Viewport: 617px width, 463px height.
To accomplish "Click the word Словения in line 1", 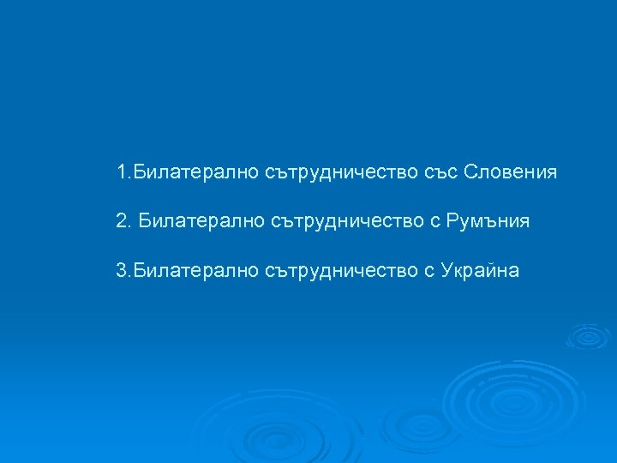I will coord(510,172).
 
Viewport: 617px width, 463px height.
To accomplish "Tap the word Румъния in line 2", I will coord(488,221).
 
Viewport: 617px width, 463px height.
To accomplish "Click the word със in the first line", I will coord(440,172).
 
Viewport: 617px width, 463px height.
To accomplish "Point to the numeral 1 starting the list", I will coord(122,172).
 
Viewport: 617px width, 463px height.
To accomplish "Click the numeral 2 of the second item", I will coord(122,221).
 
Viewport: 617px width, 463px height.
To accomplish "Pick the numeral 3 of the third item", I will coord(122,271).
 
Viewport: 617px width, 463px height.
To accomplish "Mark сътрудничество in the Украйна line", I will coord(331,271).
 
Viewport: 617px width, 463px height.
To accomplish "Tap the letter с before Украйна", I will coord(428,272).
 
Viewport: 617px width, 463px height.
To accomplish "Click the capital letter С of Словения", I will coord(470,172).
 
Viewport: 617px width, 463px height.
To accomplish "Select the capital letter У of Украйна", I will coord(446,271).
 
